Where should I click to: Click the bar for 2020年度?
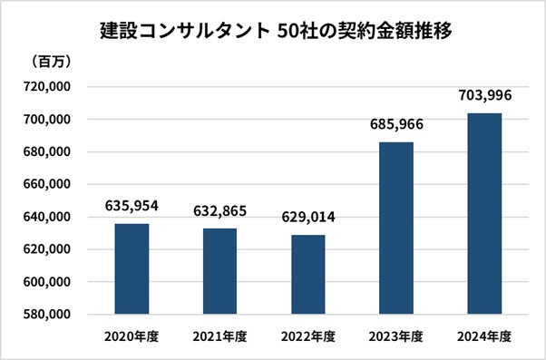[x=132, y=268]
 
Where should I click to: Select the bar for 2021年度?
[x=219, y=271]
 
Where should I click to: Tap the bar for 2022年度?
[x=307, y=274]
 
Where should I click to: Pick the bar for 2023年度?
[x=395, y=228]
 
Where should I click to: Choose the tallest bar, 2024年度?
[x=483, y=213]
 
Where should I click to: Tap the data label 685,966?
[x=395, y=123]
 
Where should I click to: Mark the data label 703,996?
[x=483, y=94]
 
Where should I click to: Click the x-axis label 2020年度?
[x=132, y=336]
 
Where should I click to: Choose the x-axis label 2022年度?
[x=307, y=336]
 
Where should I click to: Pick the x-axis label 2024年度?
[x=483, y=336]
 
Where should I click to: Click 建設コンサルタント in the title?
[x=180, y=30]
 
